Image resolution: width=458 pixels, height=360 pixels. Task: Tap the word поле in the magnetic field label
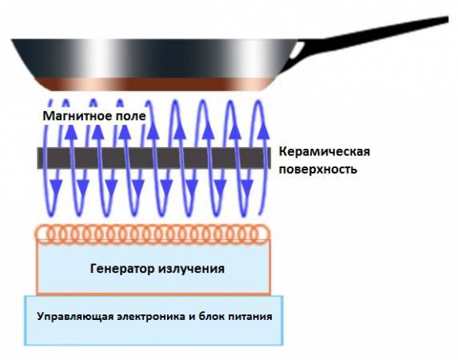130,116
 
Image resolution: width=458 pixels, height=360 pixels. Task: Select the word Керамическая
325,152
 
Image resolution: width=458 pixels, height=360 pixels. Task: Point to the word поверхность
318,170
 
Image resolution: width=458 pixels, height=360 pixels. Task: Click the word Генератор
122,269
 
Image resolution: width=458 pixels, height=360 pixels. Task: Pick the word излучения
192,269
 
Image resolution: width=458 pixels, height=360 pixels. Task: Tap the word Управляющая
75,317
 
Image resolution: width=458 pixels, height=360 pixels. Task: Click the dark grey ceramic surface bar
154,158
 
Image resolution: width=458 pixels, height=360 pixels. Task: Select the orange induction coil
152,234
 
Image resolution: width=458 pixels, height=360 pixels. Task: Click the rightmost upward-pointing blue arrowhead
263,132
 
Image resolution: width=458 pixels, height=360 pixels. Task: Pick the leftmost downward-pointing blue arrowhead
56,187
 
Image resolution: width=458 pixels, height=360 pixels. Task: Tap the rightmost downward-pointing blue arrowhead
247,187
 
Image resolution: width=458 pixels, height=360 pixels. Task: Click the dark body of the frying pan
152,58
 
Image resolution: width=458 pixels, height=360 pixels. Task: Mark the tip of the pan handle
448,19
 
